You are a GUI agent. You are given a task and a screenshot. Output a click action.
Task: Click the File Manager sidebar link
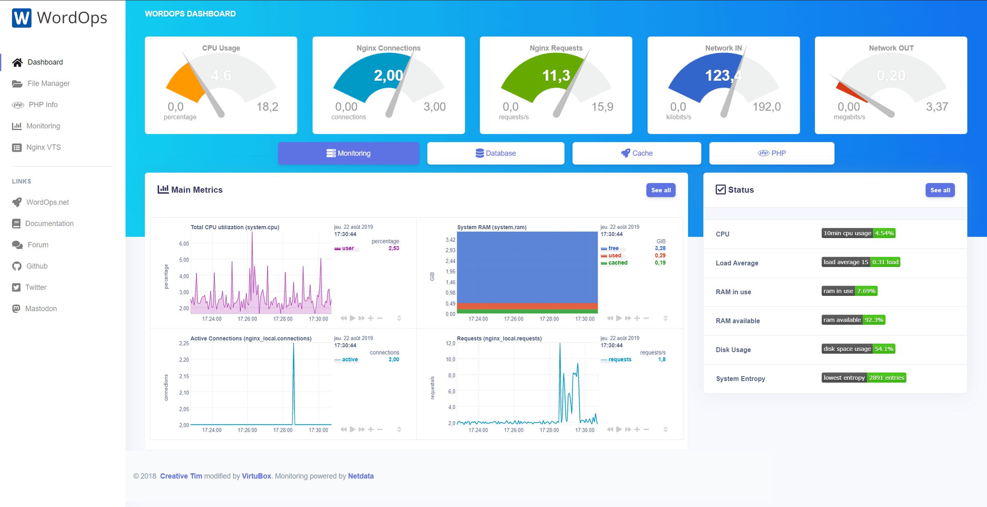tap(48, 84)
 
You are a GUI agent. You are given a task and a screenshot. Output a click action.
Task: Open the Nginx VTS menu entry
tap(43, 147)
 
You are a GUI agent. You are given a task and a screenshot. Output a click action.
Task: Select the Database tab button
tap(496, 153)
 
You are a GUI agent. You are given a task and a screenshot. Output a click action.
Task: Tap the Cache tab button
tap(637, 153)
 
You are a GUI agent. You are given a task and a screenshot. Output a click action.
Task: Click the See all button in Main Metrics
tap(660, 190)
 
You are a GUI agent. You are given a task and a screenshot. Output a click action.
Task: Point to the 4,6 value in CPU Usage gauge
tap(221, 75)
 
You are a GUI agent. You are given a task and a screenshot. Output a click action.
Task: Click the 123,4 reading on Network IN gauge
tap(723, 75)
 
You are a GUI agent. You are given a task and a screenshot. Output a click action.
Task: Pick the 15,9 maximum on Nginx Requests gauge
tap(602, 107)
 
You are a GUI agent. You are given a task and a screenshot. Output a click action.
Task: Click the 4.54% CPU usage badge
tap(884, 233)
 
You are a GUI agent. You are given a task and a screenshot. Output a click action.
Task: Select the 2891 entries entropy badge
tap(886, 378)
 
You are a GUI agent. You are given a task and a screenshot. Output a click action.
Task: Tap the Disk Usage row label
tap(733, 350)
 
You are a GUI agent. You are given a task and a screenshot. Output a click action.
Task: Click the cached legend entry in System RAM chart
tap(617, 263)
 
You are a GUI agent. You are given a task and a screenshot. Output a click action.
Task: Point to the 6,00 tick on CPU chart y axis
tap(184, 244)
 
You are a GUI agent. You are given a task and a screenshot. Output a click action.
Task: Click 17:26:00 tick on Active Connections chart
tap(247, 430)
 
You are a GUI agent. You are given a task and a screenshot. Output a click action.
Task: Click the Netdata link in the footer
tap(361, 476)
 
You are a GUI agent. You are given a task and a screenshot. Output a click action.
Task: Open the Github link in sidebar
tap(37, 266)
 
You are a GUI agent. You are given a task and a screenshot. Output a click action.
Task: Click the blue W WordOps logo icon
tap(21, 18)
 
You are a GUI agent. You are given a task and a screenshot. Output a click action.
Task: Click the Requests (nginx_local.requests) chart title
tap(499, 338)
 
